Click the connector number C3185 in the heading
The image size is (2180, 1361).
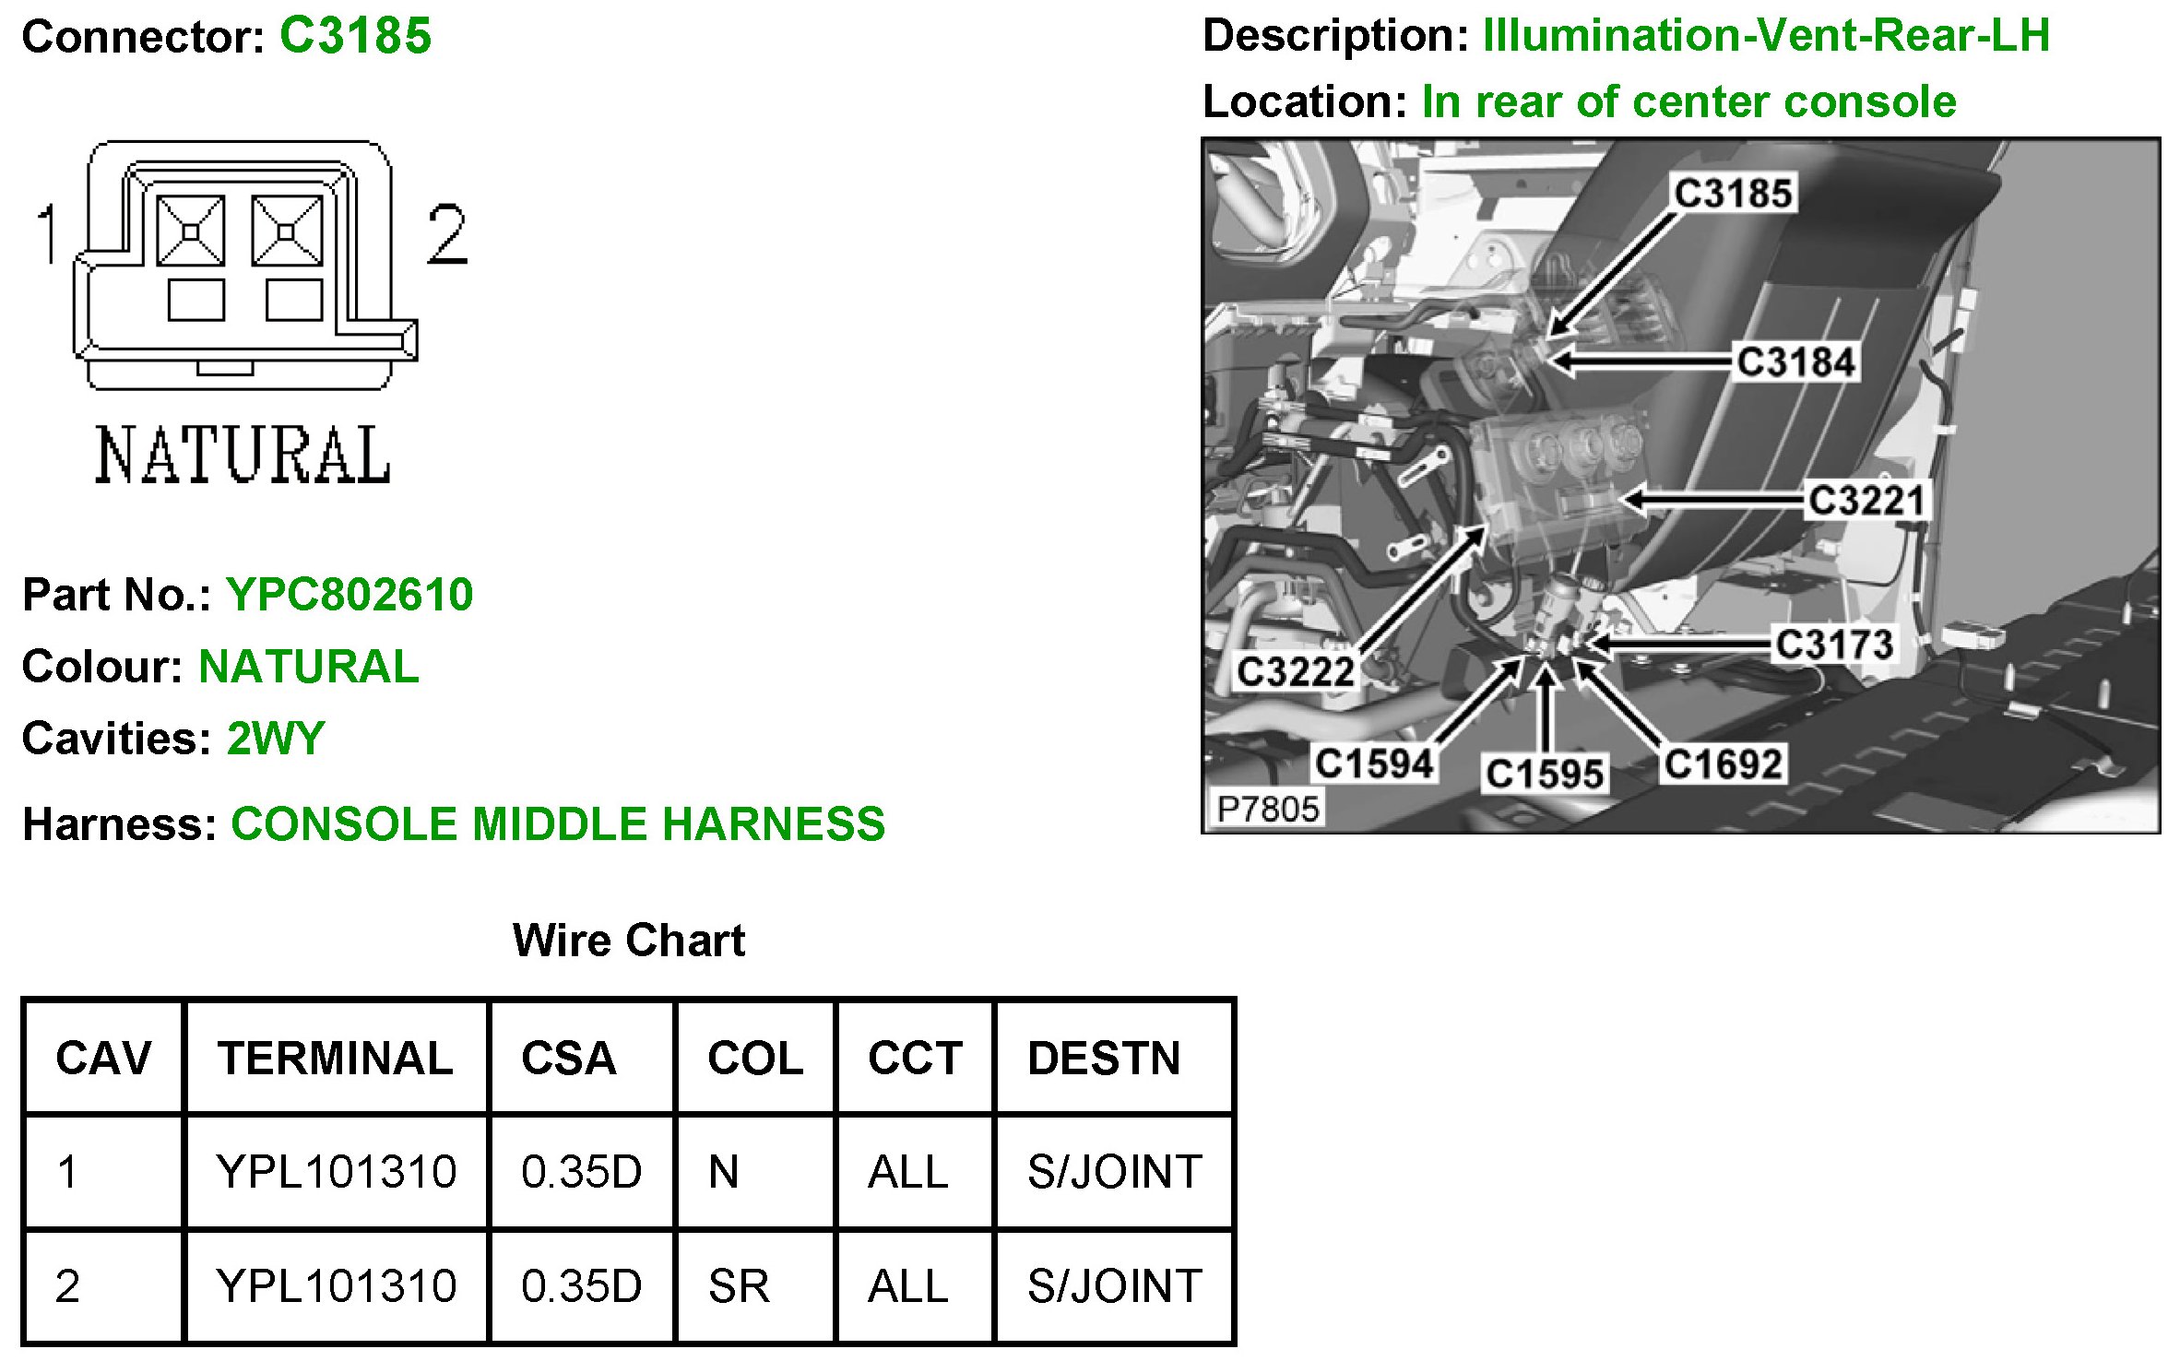point(355,36)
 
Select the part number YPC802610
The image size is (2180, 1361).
point(350,595)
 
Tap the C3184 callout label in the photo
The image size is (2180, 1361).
point(1795,361)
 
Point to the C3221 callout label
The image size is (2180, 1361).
point(1866,501)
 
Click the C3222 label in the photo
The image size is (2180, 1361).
point(1295,671)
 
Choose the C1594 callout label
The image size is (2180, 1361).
point(1374,763)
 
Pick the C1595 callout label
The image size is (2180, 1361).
point(1545,774)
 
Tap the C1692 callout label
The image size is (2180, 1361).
point(1723,764)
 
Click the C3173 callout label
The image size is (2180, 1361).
point(1834,645)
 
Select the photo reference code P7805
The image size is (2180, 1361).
point(1268,810)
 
